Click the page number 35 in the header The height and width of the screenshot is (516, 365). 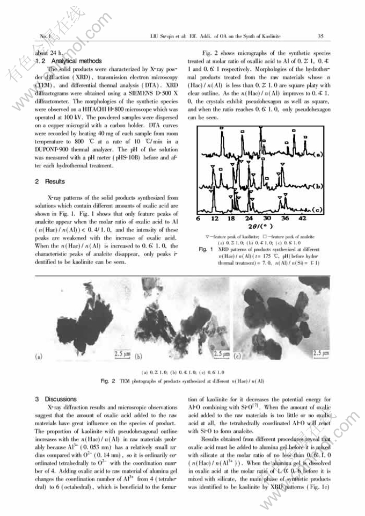tap(320, 37)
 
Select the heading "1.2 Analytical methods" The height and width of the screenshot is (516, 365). tap(68, 61)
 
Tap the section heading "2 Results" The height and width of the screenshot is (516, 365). tap(50, 181)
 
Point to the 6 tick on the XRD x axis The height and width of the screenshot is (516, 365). tap(198, 219)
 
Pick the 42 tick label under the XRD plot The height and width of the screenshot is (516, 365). tap(302, 219)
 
